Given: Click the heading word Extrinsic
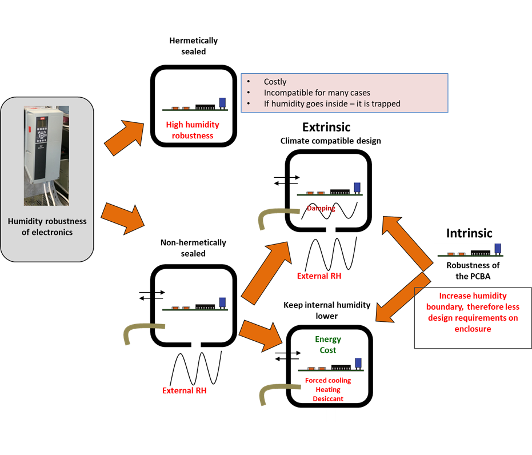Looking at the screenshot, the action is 326,127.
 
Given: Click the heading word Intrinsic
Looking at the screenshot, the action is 469,233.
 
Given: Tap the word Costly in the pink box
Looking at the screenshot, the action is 275,82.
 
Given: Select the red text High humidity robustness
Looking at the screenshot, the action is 193,130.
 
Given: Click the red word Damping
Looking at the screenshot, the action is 321,208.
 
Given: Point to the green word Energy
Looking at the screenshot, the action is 328,340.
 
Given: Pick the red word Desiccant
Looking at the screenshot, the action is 328,398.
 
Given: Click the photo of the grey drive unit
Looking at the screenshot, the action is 46,155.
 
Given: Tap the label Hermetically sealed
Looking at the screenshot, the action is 193,46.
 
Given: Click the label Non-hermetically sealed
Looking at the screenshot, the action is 193,248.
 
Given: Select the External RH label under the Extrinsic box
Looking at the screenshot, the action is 319,276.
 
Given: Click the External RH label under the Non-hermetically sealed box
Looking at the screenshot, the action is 184,390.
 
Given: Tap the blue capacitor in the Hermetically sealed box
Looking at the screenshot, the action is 222,103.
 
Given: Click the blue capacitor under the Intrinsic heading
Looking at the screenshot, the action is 498,249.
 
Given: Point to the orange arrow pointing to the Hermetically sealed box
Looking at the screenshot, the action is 124,137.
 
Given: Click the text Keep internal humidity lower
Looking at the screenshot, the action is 327,310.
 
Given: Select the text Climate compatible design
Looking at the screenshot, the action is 330,141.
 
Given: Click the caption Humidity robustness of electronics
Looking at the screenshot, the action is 47,227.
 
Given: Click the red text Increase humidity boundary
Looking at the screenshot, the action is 473,301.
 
